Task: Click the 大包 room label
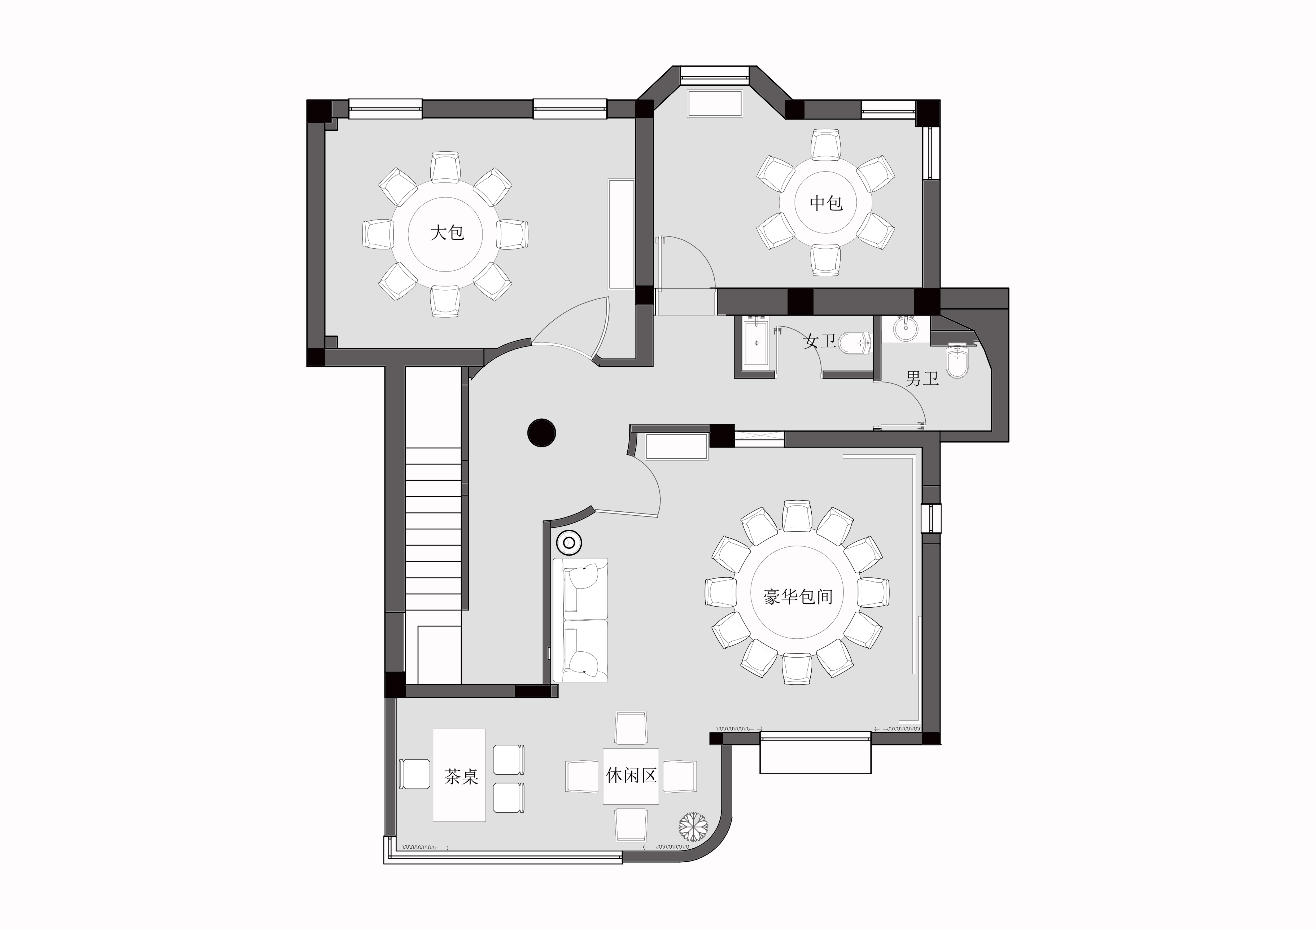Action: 447,233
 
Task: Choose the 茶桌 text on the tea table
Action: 461,777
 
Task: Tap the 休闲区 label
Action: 631,776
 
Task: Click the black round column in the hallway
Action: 542,433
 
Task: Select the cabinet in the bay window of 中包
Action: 715,103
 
